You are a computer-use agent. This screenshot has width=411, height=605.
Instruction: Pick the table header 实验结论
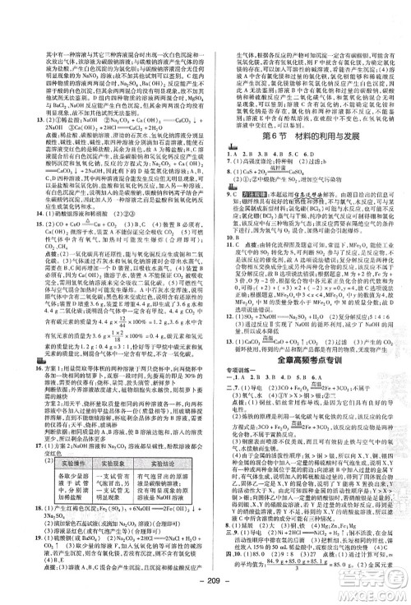[156, 446]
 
